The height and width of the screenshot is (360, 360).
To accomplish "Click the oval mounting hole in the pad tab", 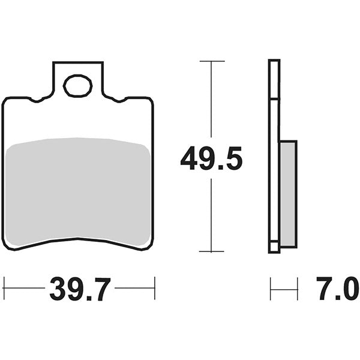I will coord(77,86).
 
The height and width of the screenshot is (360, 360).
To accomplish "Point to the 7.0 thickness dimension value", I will coord(334,290).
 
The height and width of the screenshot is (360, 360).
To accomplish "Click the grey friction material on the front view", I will coord(77,192).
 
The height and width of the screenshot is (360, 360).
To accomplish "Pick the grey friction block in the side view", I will coord(288,193).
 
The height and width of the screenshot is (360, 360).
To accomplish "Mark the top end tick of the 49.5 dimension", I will coord(211,61).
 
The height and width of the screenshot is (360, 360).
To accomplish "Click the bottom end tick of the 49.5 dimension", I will coord(211,251).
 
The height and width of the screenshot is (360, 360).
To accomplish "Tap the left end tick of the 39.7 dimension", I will coord(4,288).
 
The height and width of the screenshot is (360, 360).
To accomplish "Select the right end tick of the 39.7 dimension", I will coord(155,288).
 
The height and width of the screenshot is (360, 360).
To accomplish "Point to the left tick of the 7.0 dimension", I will coord(271,288).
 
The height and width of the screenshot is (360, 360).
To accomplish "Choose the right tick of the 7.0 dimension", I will coord(297,288).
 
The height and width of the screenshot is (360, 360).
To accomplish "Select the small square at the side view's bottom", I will coord(274,247).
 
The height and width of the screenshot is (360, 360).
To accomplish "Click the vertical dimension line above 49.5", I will coord(211,102).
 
